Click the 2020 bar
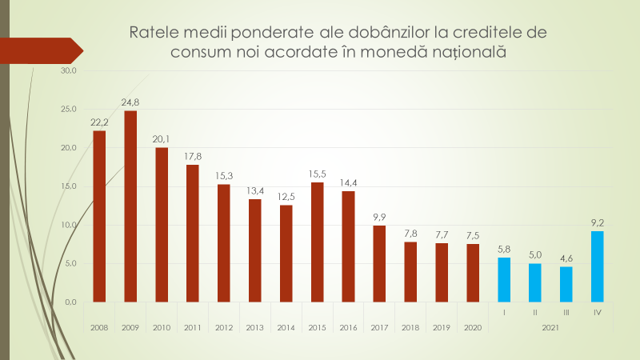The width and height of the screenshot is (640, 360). (473, 273)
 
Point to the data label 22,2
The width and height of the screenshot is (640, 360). (99, 122)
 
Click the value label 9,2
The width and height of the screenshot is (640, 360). (597, 223)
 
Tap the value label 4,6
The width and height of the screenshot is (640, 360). (566, 258)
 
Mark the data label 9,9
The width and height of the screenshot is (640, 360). (379, 217)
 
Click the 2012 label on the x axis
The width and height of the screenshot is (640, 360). (224, 328)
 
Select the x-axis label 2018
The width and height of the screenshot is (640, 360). (410, 328)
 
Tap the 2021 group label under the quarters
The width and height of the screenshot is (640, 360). (550, 328)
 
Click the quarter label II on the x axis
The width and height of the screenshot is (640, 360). (535, 312)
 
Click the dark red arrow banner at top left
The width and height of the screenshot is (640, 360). (40, 50)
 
